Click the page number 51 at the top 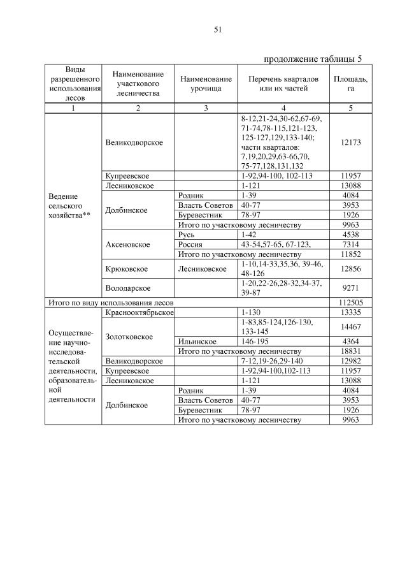click(217, 29)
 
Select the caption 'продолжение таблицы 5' click(312, 59)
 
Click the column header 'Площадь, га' click(350, 84)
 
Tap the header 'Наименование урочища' click(206, 84)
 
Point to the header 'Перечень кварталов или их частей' click(283, 84)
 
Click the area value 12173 click(350, 143)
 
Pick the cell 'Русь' click(187, 234)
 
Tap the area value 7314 click(350, 244)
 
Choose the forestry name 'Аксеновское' click(128, 244)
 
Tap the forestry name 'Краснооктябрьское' click(138, 312)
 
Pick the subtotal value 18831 click(350, 351)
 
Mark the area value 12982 click(350, 361)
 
